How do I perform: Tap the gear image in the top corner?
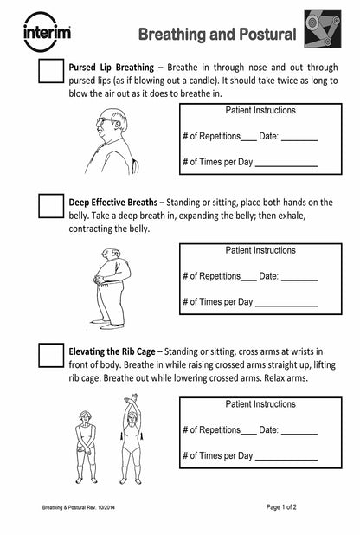tap(322, 31)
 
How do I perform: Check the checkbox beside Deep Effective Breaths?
tap(51, 206)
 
